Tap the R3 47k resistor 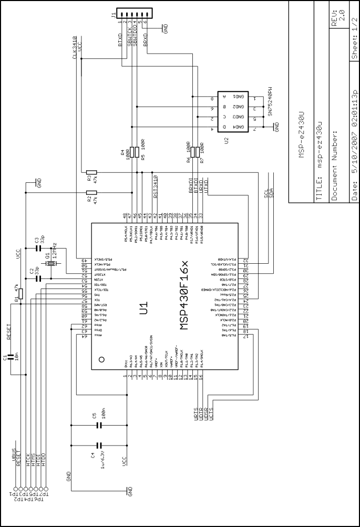click(91, 172)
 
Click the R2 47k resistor click(91, 193)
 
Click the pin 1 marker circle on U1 click(101, 359)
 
